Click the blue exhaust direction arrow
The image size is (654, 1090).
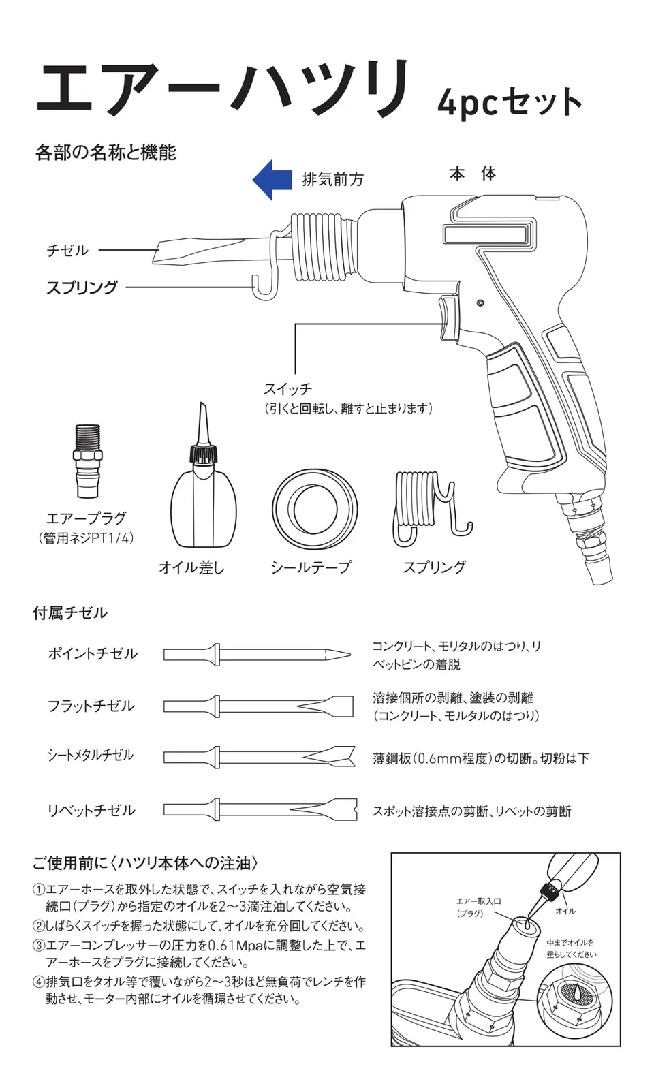[272, 180]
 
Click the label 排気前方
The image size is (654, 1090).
[333, 180]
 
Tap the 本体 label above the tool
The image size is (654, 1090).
[472, 174]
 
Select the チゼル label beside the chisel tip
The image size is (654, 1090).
[67, 251]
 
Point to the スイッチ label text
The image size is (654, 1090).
[287, 389]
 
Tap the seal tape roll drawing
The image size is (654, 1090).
[315, 510]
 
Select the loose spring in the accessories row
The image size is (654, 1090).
[429, 508]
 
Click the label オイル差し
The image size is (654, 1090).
[191, 567]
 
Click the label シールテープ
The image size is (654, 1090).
[311, 567]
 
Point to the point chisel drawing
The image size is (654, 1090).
[258, 655]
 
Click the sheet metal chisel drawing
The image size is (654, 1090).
[260, 756]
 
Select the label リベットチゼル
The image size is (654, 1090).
[91, 811]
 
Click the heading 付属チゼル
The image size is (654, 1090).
[70, 613]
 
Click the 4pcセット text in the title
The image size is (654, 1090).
[510, 102]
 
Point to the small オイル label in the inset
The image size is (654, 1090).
[565, 911]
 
